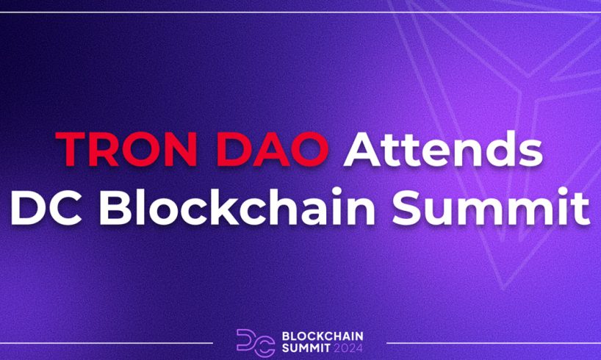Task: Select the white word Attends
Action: point(443,148)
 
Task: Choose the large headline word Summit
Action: point(492,206)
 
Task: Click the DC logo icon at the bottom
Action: point(256,343)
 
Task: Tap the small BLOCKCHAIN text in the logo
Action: point(323,336)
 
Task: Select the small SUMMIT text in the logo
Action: point(306,348)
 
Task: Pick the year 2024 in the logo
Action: point(348,348)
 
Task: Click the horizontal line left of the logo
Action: point(107,343)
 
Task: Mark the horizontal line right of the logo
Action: point(494,343)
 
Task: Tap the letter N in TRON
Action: point(180,149)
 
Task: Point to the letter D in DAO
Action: point(234,149)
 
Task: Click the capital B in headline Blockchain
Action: point(115,207)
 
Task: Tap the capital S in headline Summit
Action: point(408,207)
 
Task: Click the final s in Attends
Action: point(531,154)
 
